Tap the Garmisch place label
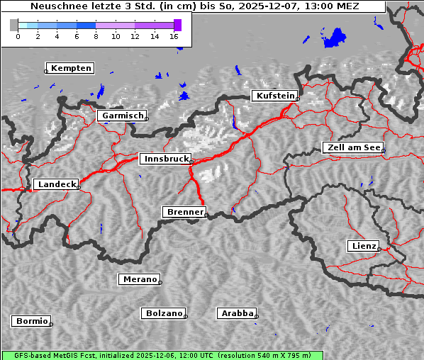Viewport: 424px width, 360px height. (122, 116)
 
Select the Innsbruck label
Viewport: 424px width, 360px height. (165, 159)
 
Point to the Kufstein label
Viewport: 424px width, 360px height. (274, 96)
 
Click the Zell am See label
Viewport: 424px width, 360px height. (352, 147)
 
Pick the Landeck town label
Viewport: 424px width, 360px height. (56, 184)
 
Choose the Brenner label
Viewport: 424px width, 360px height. (185, 212)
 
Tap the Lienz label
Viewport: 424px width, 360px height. (363, 246)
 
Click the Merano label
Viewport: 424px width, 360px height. (139, 279)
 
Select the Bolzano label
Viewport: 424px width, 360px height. (164, 313)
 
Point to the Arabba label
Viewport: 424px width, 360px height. (237, 313)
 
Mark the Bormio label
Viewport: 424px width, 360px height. (31, 321)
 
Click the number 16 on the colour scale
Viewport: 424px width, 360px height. (174, 36)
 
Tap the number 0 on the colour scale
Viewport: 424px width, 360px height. (18, 36)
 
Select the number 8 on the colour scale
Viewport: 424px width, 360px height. (96, 36)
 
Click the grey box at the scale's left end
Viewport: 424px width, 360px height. (14, 25)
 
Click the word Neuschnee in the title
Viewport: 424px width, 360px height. (56, 6)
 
